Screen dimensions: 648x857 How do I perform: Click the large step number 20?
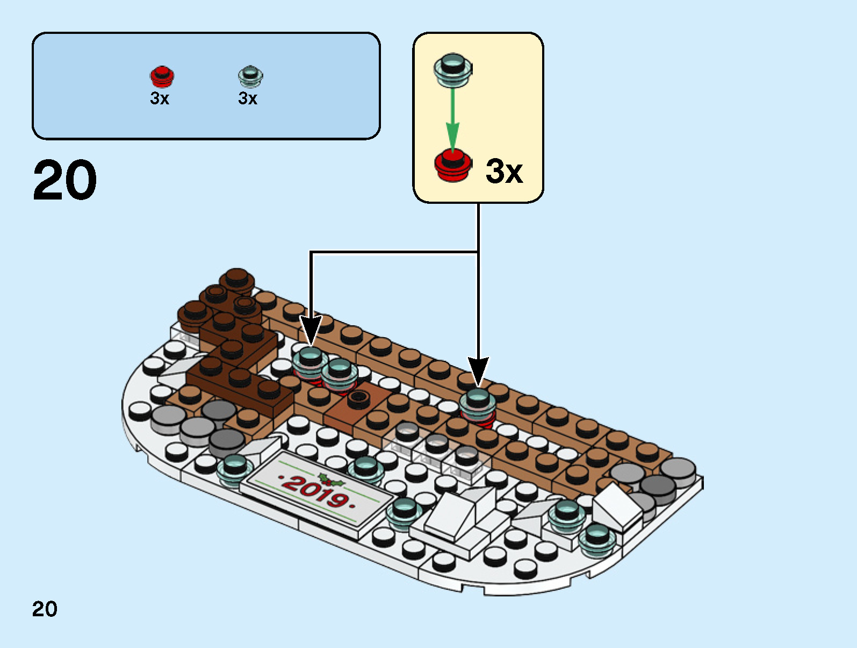tap(65, 181)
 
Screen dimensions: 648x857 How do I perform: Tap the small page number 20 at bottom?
tap(45, 609)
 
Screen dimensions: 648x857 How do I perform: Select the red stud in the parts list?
tap(162, 77)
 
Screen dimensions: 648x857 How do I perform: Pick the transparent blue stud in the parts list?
tap(250, 77)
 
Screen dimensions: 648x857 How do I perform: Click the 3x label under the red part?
tap(160, 98)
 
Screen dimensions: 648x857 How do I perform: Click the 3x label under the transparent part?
tap(248, 98)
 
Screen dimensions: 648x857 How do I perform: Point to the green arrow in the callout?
tap(452, 118)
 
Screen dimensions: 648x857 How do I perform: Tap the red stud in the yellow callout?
tap(453, 166)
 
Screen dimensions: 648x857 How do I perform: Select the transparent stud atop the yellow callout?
tap(452, 69)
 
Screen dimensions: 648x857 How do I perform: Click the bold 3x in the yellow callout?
tap(504, 172)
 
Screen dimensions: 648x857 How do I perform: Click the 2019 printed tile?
tap(317, 492)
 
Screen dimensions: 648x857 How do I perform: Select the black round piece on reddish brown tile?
tap(358, 398)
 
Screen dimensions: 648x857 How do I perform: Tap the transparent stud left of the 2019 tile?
tap(235, 469)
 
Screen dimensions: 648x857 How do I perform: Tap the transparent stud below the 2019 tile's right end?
tap(404, 512)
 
